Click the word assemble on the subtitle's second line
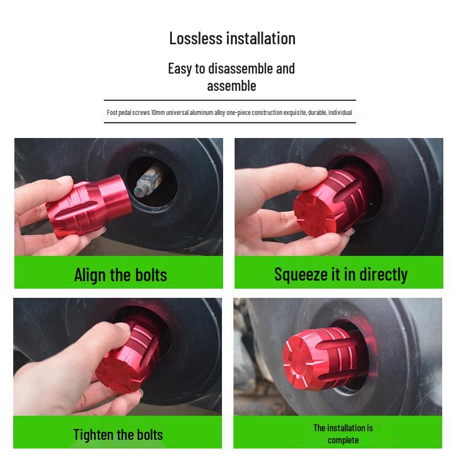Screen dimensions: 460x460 pyautogui.click(x=231, y=86)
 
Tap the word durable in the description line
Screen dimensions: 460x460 pyautogui.click(x=317, y=113)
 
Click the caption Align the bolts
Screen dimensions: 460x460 pyautogui.click(x=120, y=275)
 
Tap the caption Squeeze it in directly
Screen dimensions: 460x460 pyautogui.click(x=340, y=274)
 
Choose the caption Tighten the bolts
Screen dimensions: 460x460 pyautogui.click(x=118, y=434)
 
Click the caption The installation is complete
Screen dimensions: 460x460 pyautogui.click(x=343, y=434)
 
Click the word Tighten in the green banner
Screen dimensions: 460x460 pyautogui.click(x=94, y=434)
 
